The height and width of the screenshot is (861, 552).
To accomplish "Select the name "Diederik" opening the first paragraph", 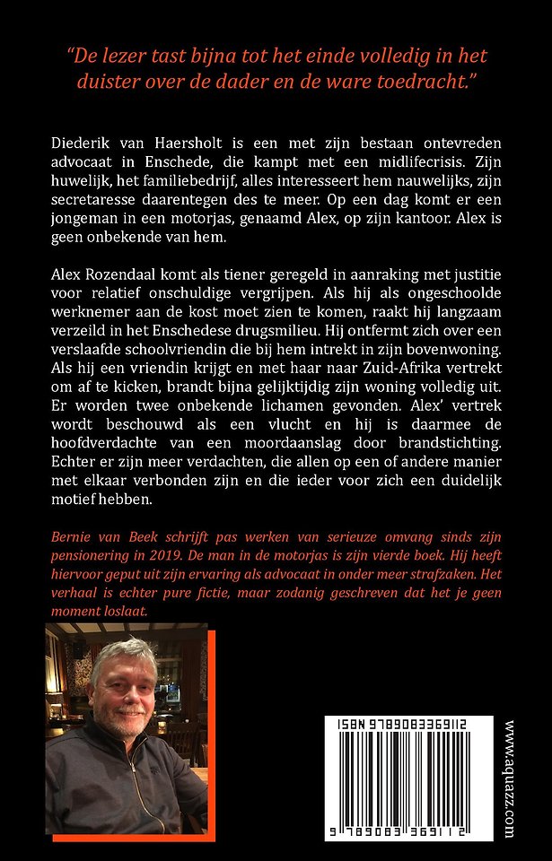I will (x=78, y=144).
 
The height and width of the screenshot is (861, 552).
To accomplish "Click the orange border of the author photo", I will (x=213, y=717).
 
